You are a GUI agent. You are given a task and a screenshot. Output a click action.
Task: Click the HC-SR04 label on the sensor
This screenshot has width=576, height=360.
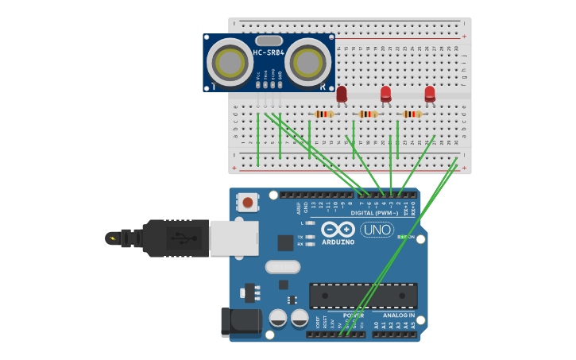point(269,53)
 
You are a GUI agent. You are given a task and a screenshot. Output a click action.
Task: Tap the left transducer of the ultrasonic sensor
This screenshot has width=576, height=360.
point(230,61)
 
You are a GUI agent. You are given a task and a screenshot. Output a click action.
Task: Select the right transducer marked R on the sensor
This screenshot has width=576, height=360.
point(307,61)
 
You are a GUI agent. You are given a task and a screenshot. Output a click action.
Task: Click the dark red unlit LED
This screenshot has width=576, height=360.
point(342,94)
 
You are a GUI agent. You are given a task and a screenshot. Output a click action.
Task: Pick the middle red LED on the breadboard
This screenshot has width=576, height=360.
point(385,93)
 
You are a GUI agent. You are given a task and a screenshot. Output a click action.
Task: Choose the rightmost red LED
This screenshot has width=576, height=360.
point(430,93)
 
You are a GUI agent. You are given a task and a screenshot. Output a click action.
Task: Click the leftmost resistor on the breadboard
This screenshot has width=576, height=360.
point(323,114)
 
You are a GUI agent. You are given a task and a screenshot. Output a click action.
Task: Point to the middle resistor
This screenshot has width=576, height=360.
point(367,114)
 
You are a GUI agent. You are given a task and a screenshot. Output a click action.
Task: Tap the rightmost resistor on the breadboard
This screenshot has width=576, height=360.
point(412,114)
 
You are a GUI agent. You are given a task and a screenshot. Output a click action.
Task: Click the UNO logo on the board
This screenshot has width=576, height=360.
point(377,230)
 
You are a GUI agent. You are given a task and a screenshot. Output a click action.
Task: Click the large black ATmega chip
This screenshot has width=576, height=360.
point(363,295)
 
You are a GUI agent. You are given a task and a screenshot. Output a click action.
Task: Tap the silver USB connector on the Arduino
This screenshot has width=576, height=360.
point(234,238)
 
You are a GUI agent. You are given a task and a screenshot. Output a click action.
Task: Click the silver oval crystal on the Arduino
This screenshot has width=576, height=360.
point(282,267)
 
